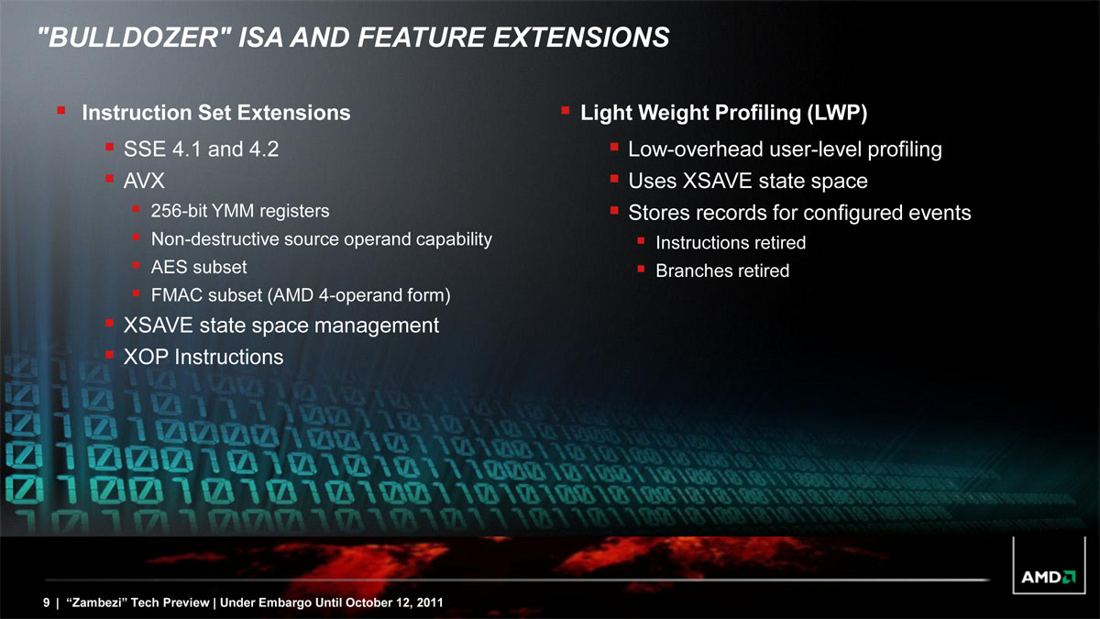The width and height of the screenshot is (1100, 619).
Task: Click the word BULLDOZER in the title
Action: [135, 38]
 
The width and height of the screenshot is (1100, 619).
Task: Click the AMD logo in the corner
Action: [1049, 577]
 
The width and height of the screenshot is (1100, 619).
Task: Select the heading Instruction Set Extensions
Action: [216, 113]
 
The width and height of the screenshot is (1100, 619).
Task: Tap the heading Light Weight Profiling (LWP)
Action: [724, 113]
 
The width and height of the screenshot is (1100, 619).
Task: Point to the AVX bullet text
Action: [144, 181]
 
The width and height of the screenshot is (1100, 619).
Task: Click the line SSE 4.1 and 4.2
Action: [201, 149]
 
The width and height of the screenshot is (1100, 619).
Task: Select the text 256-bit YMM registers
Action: [240, 211]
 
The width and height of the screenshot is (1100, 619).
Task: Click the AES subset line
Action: [199, 267]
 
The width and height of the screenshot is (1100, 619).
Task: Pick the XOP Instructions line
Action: [203, 357]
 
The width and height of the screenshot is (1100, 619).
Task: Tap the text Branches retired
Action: [722, 271]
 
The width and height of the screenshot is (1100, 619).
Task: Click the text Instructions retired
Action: [731, 243]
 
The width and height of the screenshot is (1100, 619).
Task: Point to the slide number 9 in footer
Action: [46, 602]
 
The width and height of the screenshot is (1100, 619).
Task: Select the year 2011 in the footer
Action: [430, 602]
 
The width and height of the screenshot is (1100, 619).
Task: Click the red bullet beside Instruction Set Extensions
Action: [61, 110]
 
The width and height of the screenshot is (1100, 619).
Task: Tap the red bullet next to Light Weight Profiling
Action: [566, 110]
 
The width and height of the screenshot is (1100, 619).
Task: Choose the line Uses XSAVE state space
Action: [748, 181]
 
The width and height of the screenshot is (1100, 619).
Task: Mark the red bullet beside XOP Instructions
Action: [109, 354]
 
